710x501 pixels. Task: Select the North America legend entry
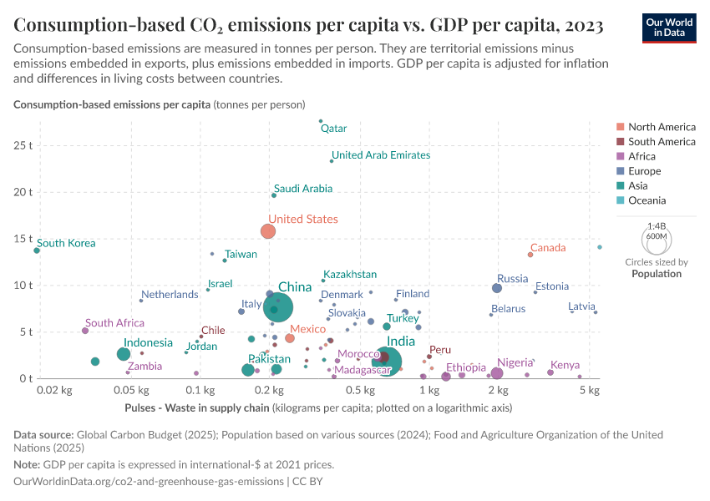coord(661,127)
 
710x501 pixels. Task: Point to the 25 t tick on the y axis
coord(22,144)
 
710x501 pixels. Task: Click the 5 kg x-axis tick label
coord(590,390)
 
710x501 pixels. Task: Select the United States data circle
coord(268,231)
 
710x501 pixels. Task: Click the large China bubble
coord(278,307)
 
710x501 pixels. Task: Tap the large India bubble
coord(387,360)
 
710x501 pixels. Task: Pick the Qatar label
coord(333,129)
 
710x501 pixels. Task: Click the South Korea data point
coord(37,250)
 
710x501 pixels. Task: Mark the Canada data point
coord(530,255)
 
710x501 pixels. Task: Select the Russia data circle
coord(497,288)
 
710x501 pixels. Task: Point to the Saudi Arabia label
coord(303,189)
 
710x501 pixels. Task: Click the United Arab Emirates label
coord(381,155)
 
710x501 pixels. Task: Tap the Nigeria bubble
coord(497,373)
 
